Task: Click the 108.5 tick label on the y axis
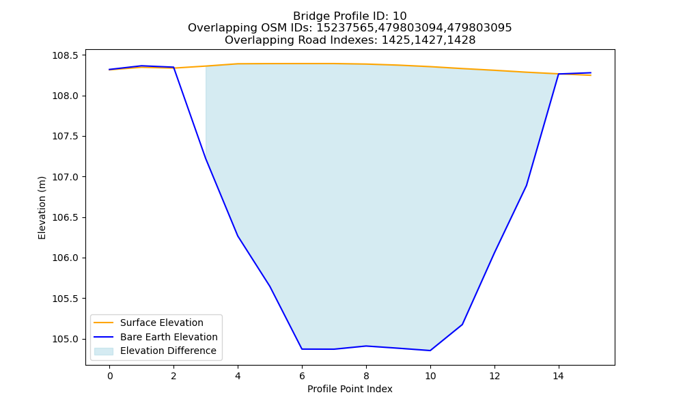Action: [66, 56]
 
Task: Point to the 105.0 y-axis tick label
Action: [66, 339]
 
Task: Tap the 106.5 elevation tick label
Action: [66, 217]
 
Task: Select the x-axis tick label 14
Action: [559, 376]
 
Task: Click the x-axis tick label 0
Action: [110, 376]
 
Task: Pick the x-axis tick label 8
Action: [366, 376]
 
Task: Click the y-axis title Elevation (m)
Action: [42, 208]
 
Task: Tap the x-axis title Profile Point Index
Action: [350, 389]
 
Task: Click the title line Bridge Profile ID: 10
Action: [350, 16]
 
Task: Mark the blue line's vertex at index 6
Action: [302, 349]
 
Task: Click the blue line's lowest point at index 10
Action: [430, 351]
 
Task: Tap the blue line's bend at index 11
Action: [462, 325]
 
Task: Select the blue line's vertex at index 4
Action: [238, 236]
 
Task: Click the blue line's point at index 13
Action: [526, 186]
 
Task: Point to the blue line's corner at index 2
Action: [173, 67]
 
